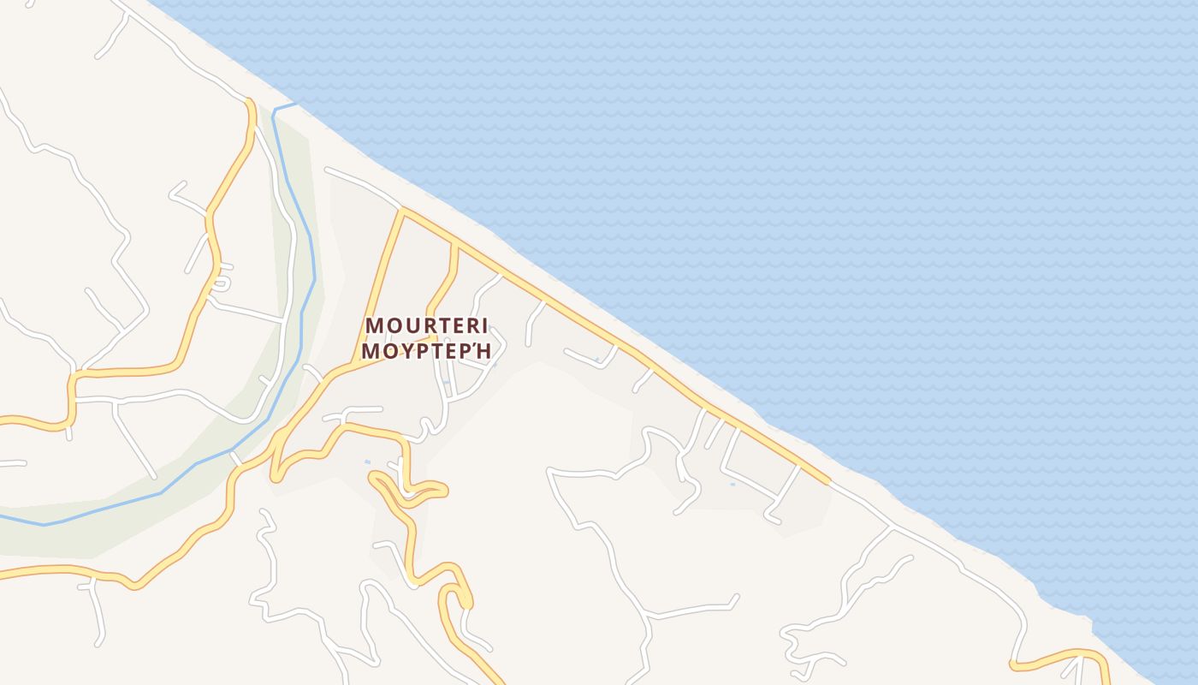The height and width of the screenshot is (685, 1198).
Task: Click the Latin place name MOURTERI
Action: coord(426,325)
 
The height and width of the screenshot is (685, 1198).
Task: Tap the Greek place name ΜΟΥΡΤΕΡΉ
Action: coord(426,351)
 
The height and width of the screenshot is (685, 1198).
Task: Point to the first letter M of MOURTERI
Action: coord(374,325)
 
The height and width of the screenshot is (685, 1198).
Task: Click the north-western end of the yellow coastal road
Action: coord(402,209)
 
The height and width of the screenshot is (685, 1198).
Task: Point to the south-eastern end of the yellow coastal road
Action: coord(827,483)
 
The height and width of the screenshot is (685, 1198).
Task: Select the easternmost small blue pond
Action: coord(732,485)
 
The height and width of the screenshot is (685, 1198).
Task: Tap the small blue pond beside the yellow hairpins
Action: coord(368,462)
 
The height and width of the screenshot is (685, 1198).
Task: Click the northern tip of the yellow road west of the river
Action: coord(251,102)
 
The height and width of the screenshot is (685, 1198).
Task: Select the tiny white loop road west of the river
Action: coord(222,282)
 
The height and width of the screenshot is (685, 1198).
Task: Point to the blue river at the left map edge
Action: coord(3,516)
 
